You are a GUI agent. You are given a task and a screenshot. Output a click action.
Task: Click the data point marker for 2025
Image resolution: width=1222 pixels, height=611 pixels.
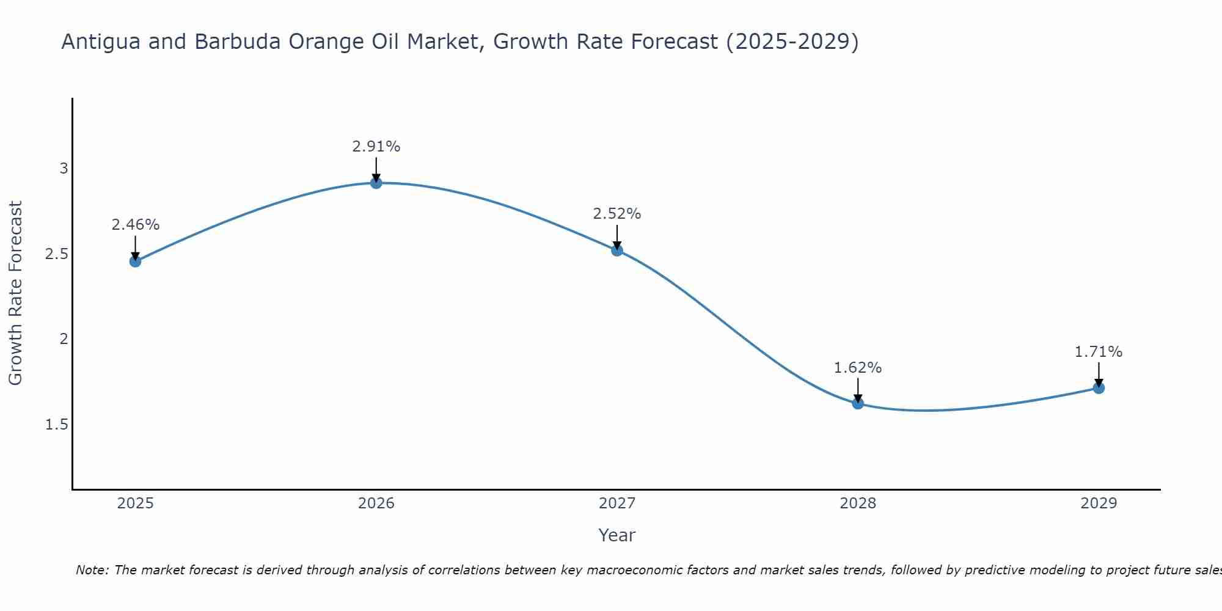point(135,262)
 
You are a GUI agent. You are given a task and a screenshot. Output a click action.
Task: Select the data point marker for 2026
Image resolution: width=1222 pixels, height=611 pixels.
point(376,183)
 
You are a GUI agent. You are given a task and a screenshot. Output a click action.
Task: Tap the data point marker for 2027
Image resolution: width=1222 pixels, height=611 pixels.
point(617,250)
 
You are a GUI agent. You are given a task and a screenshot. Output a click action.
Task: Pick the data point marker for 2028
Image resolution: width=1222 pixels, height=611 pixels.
point(858,403)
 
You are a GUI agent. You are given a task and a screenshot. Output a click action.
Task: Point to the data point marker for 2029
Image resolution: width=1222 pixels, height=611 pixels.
point(1099,388)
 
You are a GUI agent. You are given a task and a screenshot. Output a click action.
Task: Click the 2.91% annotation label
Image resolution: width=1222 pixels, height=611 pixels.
point(376,147)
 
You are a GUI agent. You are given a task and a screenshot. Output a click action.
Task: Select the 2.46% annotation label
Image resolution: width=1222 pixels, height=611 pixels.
point(135,225)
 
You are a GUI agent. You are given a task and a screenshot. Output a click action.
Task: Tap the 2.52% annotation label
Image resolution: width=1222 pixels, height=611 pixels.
point(617,214)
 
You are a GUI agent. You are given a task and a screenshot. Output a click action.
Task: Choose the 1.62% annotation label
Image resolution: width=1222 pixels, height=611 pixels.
point(858,368)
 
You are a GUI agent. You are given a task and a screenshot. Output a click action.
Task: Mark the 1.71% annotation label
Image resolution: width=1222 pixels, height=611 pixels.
point(1099,352)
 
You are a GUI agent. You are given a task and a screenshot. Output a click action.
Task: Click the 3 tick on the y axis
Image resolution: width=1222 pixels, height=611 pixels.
point(64,169)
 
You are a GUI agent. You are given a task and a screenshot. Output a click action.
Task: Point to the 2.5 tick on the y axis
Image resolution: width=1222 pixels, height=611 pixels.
point(57,254)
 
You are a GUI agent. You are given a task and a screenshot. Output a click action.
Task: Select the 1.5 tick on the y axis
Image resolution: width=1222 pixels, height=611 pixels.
point(57,425)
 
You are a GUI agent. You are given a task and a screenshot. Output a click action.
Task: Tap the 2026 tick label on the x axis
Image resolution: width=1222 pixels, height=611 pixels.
point(376,503)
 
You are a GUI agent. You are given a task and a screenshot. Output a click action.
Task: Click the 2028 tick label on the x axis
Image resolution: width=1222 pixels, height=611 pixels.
point(858,503)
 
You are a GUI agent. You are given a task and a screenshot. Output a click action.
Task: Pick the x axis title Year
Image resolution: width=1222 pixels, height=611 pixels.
point(617,535)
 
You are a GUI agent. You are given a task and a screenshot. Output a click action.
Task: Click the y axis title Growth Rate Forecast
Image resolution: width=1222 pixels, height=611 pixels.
point(15,293)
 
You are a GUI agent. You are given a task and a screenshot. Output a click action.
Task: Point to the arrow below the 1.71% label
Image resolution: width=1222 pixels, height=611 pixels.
point(1099,374)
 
